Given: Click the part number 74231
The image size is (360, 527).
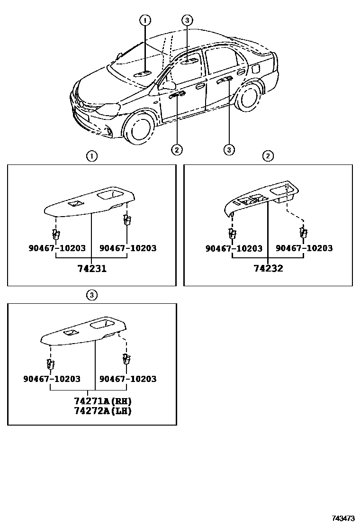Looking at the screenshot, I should click(x=92, y=269).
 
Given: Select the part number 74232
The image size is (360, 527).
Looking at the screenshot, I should click(x=268, y=269).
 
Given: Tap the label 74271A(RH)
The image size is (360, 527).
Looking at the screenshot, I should click(x=102, y=401).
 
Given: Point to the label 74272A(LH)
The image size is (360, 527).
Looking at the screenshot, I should click(x=102, y=411).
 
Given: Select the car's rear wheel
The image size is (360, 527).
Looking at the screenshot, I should click(x=250, y=98).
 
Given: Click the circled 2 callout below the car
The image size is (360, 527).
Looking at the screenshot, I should click(x=176, y=150).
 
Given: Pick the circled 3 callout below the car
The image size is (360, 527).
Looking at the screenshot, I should click(x=229, y=150).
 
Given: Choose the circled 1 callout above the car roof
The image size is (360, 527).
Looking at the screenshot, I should click(x=145, y=20).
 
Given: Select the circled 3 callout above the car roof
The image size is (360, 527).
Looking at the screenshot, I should click(x=187, y=20).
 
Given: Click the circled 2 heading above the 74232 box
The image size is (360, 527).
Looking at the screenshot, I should click(x=268, y=156).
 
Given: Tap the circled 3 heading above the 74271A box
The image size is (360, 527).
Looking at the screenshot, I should click(x=92, y=295).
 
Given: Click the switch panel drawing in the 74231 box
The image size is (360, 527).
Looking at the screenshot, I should click(x=90, y=202).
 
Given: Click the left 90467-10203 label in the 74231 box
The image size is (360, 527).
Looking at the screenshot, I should click(x=56, y=248).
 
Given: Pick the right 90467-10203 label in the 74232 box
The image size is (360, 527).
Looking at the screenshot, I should click(x=304, y=248).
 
